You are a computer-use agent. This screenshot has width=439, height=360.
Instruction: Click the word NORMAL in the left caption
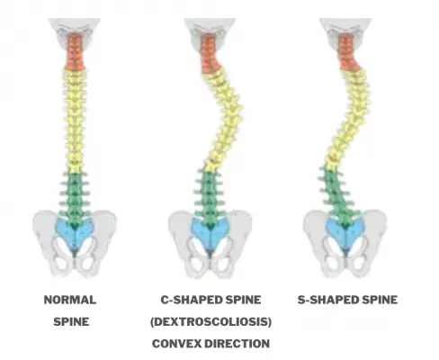[70, 300]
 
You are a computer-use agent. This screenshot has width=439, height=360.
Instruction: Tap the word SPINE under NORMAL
[71, 321]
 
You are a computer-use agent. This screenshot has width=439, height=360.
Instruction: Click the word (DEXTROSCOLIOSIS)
[211, 321]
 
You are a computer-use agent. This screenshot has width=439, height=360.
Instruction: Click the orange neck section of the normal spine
[73, 53]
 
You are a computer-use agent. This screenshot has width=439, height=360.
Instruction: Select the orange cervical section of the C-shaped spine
[210, 54]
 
